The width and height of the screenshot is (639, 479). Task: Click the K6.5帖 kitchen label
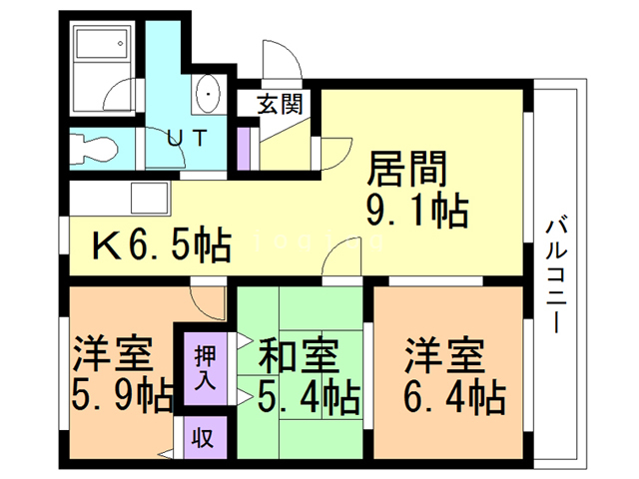[162, 245]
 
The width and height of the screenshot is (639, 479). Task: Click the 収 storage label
[204, 436]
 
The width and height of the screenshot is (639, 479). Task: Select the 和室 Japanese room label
[300, 355]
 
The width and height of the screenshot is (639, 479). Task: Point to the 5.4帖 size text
[307, 399]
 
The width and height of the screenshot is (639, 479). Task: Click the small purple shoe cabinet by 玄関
[242, 148]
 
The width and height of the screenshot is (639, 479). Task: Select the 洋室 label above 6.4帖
[444, 355]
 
